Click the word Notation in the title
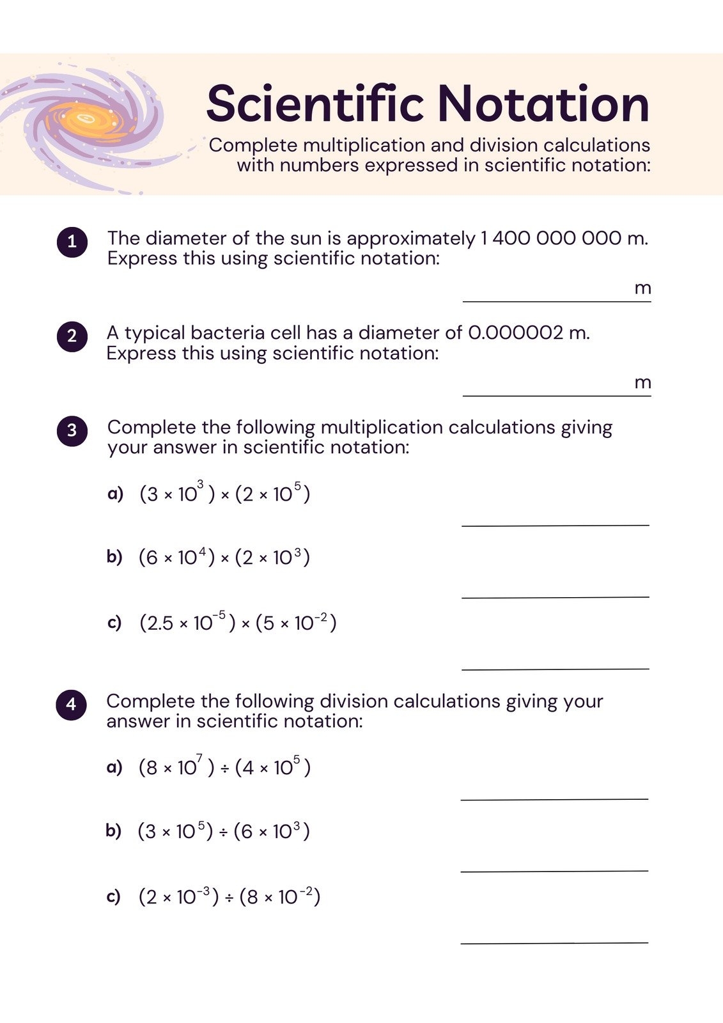click(543, 104)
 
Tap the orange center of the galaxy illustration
click(86, 119)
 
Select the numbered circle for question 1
click(72, 242)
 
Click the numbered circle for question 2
click(72, 336)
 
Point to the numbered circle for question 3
click(72, 430)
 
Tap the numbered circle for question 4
click(71, 704)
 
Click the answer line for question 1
click(556, 300)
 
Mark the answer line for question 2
click(556, 394)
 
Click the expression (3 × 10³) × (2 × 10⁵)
click(224, 494)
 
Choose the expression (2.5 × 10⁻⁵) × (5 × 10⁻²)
click(238, 622)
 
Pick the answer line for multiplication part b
click(555, 597)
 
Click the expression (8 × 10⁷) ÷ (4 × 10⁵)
click(224, 767)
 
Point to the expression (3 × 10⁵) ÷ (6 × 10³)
click(223, 831)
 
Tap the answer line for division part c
click(554, 942)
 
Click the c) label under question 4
click(113, 896)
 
